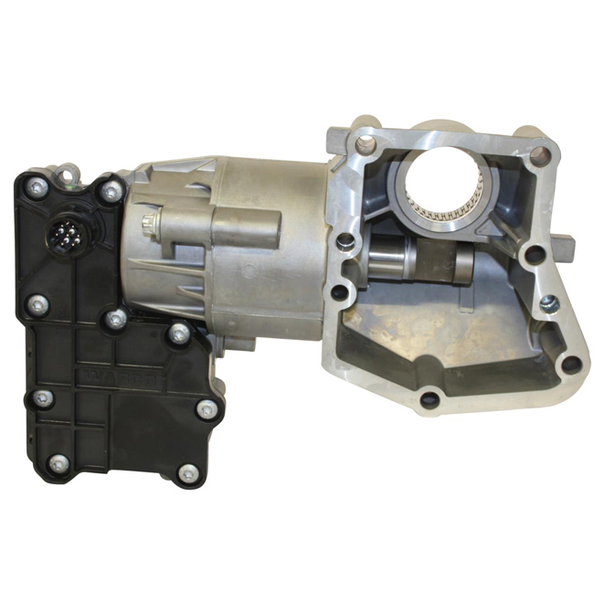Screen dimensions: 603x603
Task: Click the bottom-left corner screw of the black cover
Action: click(58, 462)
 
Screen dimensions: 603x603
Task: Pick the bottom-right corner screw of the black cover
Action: click(187, 472)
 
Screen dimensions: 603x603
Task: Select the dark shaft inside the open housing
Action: click(429, 261)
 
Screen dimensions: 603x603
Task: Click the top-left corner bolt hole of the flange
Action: click(365, 143)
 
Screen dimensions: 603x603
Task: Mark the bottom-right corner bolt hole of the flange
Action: click(570, 364)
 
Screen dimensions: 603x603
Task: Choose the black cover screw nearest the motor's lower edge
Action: click(179, 333)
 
